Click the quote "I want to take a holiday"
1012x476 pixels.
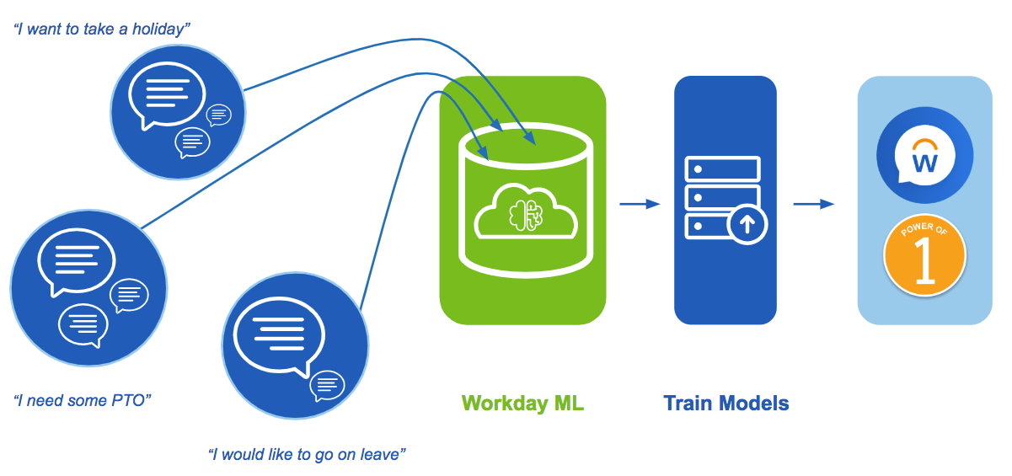point(102,29)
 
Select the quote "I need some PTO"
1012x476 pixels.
point(83,399)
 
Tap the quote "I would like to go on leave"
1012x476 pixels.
point(308,455)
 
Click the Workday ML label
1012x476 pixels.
point(522,404)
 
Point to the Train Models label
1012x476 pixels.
point(726,404)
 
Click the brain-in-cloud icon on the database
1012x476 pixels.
point(524,216)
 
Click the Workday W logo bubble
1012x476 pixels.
point(924,155)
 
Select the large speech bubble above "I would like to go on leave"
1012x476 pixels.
point(277,332)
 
